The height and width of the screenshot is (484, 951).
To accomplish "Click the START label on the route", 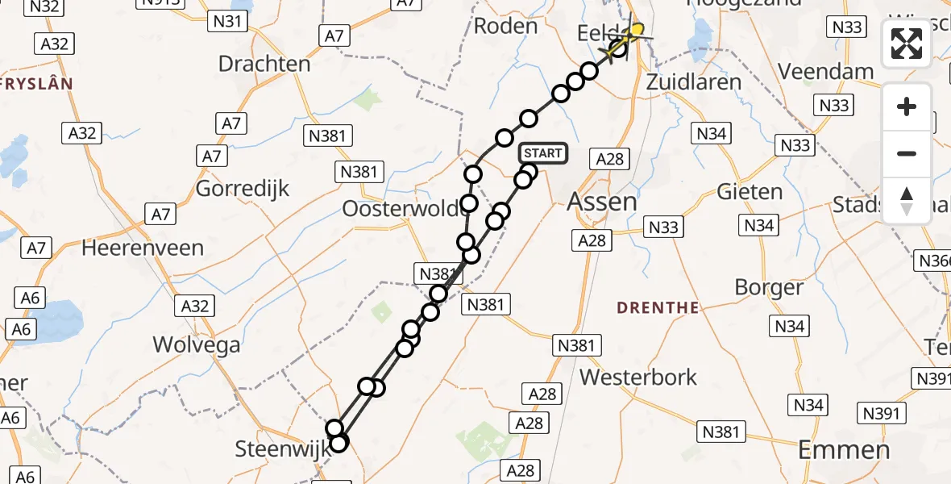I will pos(543,153).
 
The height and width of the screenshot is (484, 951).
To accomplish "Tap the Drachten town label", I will pos(264,64).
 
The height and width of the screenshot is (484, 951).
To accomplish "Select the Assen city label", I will pos(601,202).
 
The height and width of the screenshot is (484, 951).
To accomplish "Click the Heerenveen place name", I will pos(143,248).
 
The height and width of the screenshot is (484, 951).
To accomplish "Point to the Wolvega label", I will pos(197,345).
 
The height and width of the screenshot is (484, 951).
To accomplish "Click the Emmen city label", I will pos(844,449).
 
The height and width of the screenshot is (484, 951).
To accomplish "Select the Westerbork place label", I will pos(638,377).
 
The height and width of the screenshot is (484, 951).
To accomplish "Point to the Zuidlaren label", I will pos(694,82).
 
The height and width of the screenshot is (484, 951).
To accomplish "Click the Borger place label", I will pos(769,288).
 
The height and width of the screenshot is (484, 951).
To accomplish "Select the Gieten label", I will pos(750,192).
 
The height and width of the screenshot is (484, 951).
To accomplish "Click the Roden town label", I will pos(505,26).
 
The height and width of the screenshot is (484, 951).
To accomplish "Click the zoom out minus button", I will pos(907,153).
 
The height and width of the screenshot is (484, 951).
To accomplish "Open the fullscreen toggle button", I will pos(907,44).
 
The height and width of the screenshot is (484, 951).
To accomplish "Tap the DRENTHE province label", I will pos(658,307).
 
